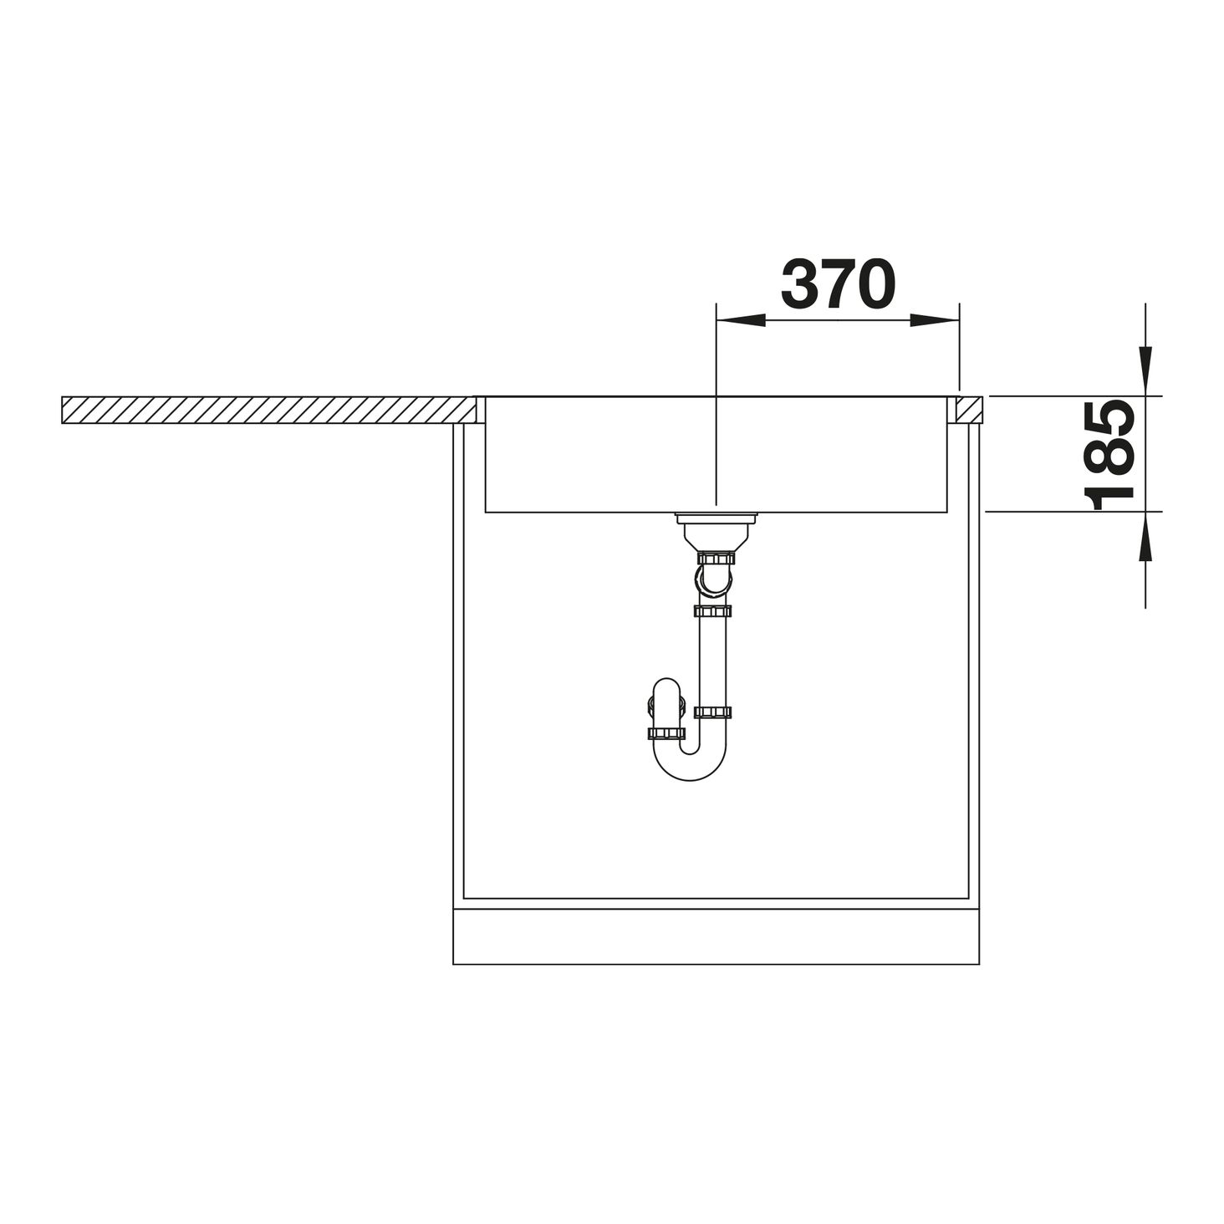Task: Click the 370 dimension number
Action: point(838,284)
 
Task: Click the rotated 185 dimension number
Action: point(1109,455)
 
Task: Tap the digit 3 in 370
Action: point(799,284)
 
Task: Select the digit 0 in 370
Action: point(876,284)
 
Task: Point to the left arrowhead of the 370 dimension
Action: point(741,321)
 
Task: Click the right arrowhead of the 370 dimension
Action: point(935,321)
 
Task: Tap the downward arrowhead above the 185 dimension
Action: point(1145,371)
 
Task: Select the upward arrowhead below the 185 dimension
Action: point(1145,536)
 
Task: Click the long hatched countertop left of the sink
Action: point(268,410)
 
